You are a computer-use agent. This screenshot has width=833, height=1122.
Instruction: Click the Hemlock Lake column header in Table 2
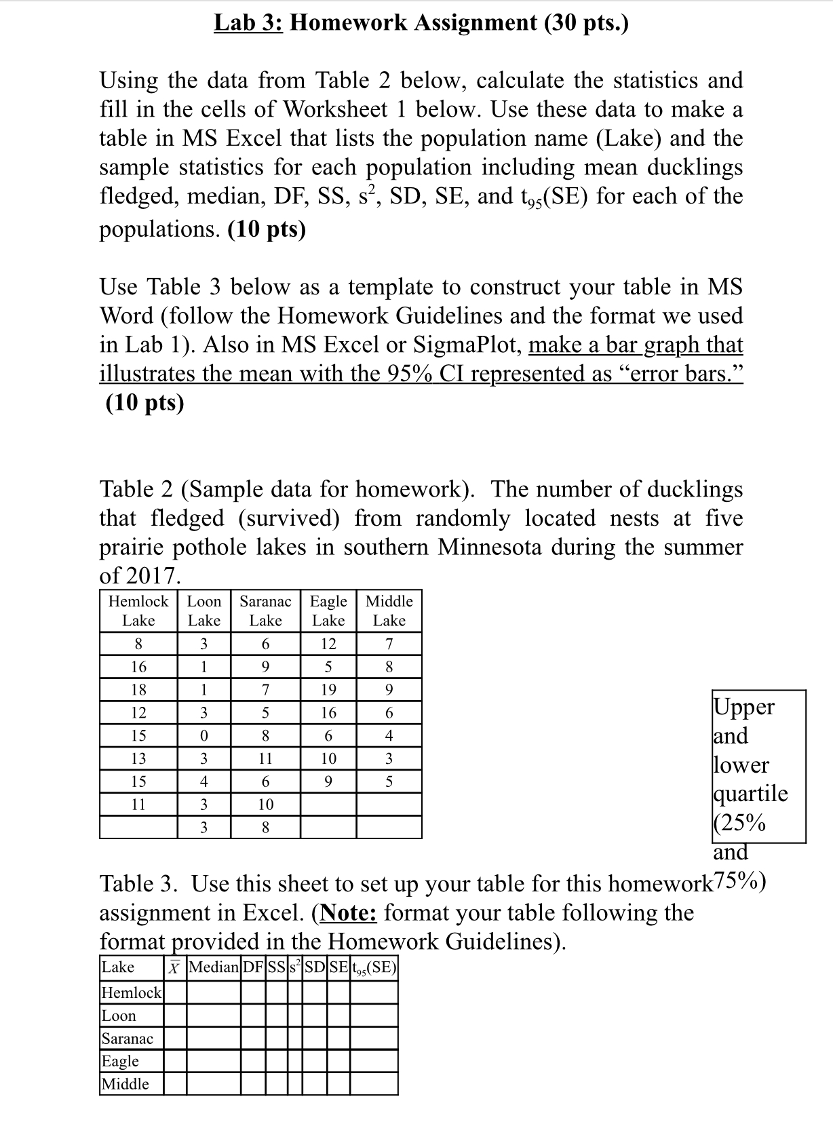[138, 611]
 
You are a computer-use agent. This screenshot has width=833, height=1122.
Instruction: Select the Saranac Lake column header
[265, 611]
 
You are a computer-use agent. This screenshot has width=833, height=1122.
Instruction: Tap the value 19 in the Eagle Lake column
[328, 690]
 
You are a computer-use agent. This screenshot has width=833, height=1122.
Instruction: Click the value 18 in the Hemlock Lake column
[138, 690]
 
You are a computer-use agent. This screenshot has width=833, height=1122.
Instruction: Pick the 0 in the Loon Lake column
[204, 735]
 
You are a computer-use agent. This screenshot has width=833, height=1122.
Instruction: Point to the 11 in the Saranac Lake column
[265, 758]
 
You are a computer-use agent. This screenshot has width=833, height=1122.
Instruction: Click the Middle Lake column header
[389, 611]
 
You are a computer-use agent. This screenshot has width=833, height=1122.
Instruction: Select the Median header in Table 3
[214, 967]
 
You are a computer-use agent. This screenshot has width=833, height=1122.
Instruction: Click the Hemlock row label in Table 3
[132, 993]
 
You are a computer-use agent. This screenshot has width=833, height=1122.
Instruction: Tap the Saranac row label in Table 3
[128, 1039]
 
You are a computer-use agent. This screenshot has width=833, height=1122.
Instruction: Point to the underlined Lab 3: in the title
[249, 23]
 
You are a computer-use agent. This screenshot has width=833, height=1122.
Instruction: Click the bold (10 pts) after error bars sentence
[145, 403]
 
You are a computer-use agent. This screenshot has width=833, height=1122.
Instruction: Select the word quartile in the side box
[750, 794]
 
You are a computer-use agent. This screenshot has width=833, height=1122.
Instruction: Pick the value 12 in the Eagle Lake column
[328, 644]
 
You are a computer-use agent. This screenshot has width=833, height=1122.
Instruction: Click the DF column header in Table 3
[253, 967]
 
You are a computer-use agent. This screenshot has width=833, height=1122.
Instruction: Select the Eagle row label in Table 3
[120, 1061]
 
